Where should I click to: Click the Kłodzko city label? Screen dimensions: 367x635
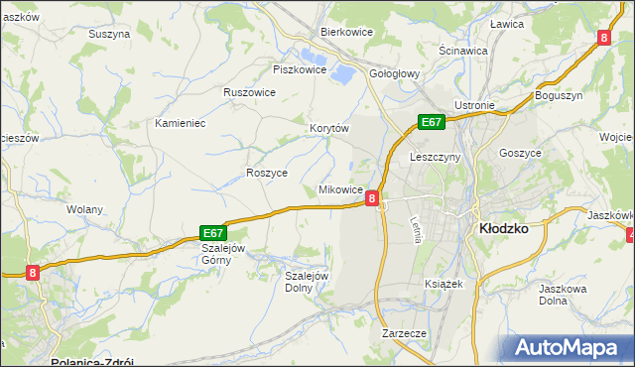click(503, 227)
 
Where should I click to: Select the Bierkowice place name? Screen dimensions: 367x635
click(345, 32)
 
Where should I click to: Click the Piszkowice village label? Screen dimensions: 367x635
click(300, 69)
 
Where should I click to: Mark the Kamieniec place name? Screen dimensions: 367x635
click(180, 123)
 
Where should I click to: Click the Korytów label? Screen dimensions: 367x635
click(330, 128)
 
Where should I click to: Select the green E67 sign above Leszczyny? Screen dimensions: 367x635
click(430, 122)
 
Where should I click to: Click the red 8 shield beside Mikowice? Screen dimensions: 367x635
click(371, 198)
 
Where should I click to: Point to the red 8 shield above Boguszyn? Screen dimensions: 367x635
click(603, 38)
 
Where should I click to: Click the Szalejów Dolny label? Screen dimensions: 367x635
click(307, 282)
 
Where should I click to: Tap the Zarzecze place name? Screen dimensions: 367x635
click(404, 334)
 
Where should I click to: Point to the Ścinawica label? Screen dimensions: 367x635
click(462, 50)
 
